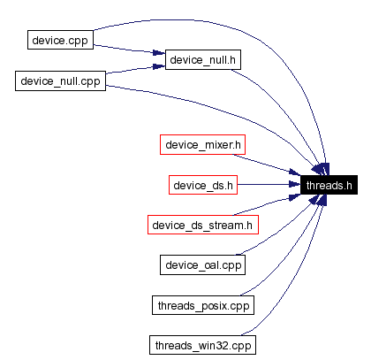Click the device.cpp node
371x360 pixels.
point(59,41)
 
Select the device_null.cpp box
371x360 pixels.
point(60,81)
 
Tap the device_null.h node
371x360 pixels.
point(203,61)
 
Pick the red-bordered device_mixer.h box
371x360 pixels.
point(201,144)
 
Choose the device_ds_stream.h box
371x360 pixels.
point(202,225)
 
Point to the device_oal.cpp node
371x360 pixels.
point(202,264)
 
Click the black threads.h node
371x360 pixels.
point(328,185)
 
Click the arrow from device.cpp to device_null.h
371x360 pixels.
point(128,51)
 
